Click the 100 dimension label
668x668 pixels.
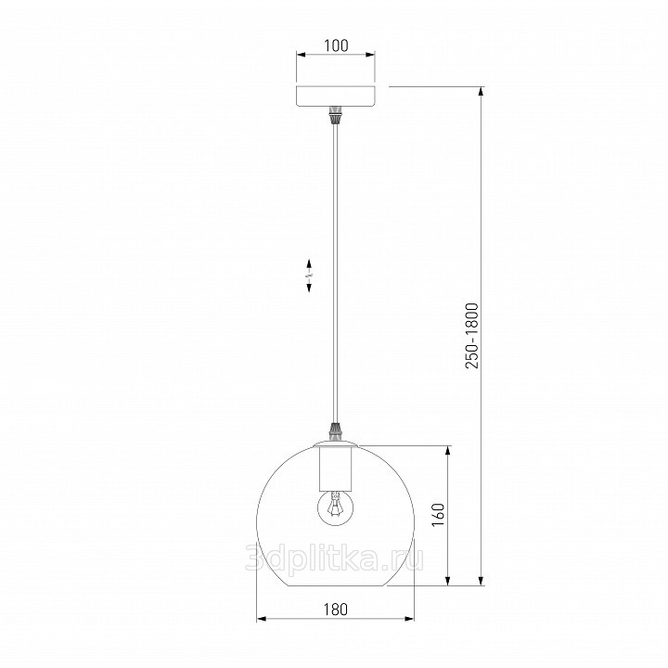click(336, 45)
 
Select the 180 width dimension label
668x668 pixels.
click(336, 610)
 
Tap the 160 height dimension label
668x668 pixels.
click(438, 514)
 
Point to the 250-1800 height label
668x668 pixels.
click(472, 336)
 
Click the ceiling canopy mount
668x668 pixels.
click(336, 96)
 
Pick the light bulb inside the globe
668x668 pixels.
click(336, 507)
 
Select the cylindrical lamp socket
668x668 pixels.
click(336, 468)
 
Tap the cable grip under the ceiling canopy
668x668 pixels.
click(336, 115)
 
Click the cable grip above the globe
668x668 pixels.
click(336, 431)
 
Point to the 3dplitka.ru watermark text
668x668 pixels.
click(335, 559)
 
